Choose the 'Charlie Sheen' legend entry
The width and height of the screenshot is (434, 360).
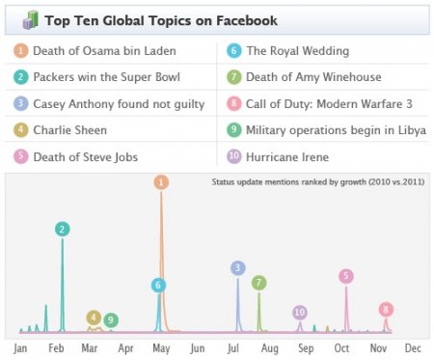click(x=69, y=129)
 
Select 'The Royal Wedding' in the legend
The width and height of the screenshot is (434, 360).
click(x=297, y=51)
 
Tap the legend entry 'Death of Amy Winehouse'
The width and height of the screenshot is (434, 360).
click(x=313, y=77)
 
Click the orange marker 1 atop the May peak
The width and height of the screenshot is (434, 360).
click(x=161, y=181)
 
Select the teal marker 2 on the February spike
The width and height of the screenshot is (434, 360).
click(x=62, y=229)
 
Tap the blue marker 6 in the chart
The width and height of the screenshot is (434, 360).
click(x=158, y=285)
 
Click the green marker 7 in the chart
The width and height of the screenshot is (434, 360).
click(x=258, y=283)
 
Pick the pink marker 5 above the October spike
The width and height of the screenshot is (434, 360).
click(x=346, y=276)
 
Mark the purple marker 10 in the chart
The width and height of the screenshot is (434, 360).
click(x=300, y=312)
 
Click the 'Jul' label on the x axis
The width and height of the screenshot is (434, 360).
click(x=233, y=347)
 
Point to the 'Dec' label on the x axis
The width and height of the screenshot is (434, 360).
click(x=412, y=347)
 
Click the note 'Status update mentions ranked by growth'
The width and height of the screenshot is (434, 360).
click(x=318, y=180)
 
